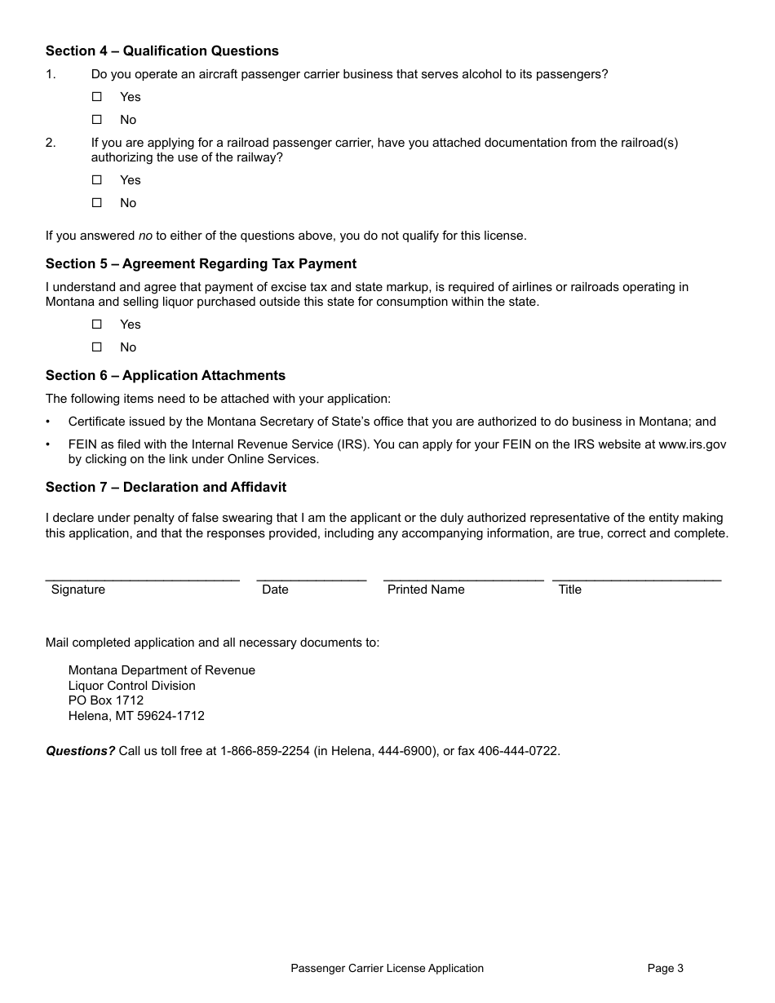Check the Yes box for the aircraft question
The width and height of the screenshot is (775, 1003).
(97, 97)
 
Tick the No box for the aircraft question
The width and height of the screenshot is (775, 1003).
(97, 120)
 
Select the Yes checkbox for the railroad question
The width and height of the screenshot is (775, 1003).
(97, 180)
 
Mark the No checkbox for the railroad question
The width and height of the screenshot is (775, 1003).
(97, 203)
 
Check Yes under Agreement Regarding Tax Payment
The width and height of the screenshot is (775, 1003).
(97, 325)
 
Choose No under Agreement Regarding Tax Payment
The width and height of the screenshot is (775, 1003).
(97, 347)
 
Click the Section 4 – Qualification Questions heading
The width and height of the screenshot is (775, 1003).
(162, 51)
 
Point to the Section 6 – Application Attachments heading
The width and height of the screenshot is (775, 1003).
(166, 376)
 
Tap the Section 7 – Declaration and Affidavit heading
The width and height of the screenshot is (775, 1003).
(166, 488)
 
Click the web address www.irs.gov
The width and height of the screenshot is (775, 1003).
(692, 445)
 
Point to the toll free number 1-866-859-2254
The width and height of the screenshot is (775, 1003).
(265, 751)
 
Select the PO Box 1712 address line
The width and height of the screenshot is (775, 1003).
(106, 701)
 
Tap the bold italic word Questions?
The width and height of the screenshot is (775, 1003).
(80, 751)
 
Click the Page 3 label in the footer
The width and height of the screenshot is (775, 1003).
(665, 969)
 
